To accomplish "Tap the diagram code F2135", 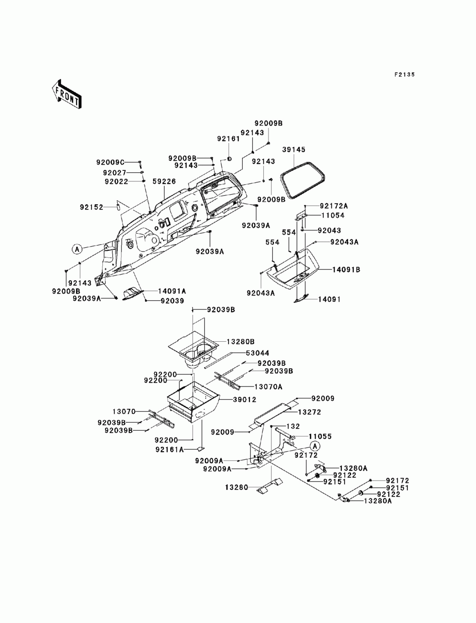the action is click(404, 75).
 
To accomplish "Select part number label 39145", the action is click(294, 149).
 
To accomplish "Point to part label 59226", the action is click(164, 181).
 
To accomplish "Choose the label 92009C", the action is click(110, 162).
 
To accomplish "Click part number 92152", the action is click(91, 208).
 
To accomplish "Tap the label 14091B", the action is click(346, 270).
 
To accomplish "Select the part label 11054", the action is click(333, 216).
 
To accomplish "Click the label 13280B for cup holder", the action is click(240, 342).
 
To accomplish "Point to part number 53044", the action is click(258, 353).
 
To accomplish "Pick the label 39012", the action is click(244, 400).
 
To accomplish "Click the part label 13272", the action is click(309, 412).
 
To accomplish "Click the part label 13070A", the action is click(268, 387).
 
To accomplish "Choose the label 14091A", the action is click(172, 291).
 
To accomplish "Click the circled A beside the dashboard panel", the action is click(77, 249).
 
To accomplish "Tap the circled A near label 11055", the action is click(315, 446).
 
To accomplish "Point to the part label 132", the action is click(293, 426).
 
